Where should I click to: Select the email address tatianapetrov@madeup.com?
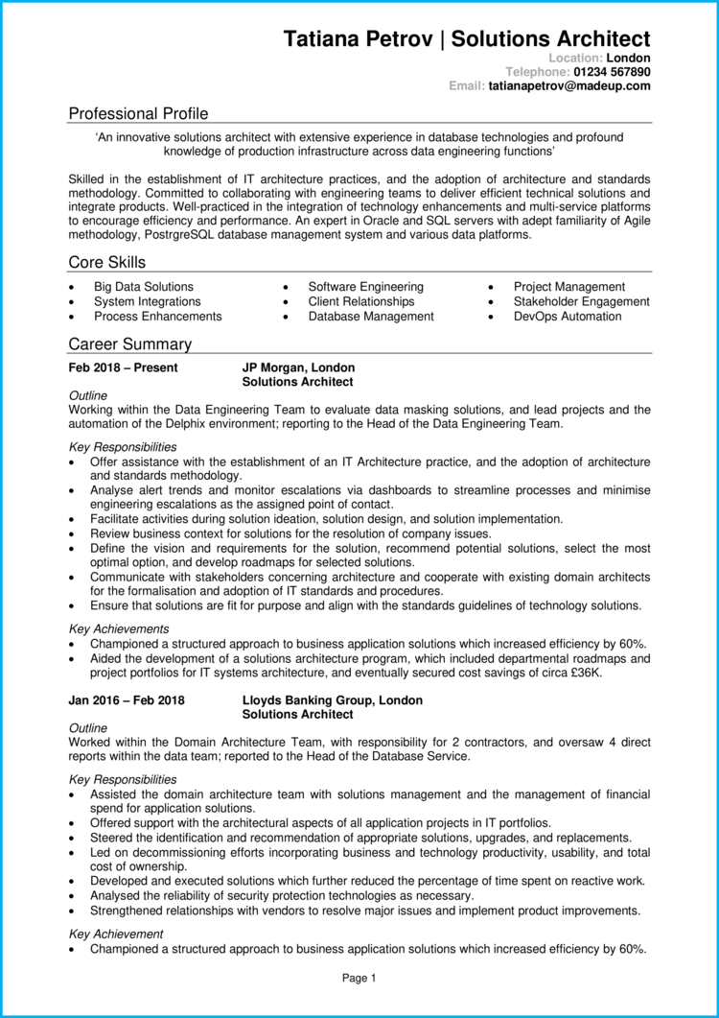(569, 85)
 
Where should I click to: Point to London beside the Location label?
(629, 58)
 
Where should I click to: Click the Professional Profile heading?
(138, 113)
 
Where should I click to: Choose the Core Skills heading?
(107, 263)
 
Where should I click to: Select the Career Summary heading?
(130, 344)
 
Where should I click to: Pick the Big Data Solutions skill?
(143, 287)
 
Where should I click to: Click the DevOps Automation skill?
(568, 316)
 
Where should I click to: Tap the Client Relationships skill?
(361, 301)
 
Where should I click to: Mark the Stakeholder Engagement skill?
(581, 301)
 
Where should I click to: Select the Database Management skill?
(371, 316)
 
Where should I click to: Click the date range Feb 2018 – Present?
(123, 367)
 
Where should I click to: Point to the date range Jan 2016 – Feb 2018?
(127, 700)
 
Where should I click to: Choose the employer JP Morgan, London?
(298, 367)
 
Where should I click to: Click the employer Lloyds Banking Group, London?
(332, 700)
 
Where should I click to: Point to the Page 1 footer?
(359, 978)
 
